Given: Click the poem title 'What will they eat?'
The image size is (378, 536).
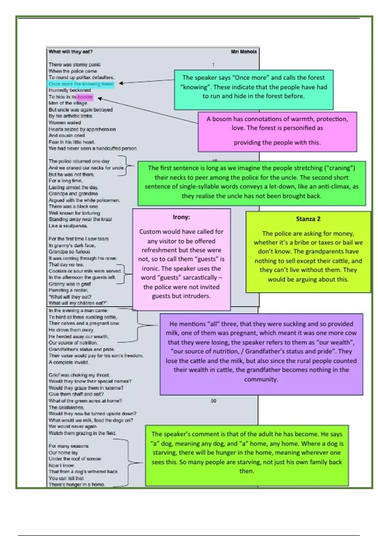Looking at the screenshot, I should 71,52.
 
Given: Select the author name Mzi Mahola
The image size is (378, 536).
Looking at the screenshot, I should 243,52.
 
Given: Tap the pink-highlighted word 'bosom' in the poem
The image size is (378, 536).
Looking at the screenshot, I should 85,97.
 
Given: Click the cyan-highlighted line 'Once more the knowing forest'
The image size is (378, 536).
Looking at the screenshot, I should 81,84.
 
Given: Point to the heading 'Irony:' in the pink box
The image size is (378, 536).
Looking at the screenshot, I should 181,217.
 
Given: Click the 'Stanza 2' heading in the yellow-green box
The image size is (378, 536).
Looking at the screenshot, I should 308,219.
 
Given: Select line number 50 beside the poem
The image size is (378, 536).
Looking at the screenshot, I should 214,401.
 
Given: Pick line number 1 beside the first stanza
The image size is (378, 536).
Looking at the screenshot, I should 213,65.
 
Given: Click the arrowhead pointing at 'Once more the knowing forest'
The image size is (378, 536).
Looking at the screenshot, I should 121,83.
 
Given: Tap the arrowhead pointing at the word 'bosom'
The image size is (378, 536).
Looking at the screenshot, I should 100,99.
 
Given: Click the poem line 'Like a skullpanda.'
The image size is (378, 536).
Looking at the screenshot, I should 68,226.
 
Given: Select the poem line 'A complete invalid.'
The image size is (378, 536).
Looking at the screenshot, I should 69,362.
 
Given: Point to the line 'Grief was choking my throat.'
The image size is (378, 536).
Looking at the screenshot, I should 79,375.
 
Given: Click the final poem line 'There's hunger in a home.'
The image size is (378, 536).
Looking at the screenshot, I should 77,485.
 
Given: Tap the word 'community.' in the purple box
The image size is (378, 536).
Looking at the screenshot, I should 261,379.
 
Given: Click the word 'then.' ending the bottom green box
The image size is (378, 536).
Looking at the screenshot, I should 247,471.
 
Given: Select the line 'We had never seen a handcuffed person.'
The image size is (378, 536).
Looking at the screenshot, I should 93,149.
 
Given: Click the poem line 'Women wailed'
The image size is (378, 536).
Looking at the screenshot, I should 65,123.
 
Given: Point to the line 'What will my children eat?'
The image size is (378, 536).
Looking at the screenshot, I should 78,303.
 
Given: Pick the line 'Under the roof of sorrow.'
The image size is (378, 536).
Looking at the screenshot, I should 75,459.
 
